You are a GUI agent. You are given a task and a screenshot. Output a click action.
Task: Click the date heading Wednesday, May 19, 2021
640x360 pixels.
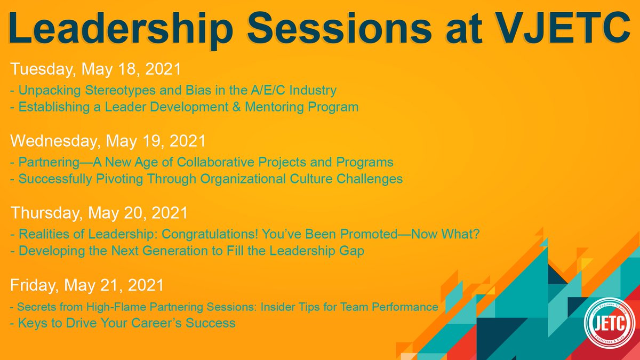pyautogui.click(x=108, y=141)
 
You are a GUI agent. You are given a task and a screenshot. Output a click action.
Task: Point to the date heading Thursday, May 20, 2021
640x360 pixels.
pyautogui.click(x=99, y=213)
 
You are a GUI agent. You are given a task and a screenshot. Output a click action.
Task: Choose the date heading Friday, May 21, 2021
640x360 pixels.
pyautogui.click(x=87, y=286)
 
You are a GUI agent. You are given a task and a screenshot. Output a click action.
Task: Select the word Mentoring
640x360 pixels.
pyautogui.click(x=282, y=107)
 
